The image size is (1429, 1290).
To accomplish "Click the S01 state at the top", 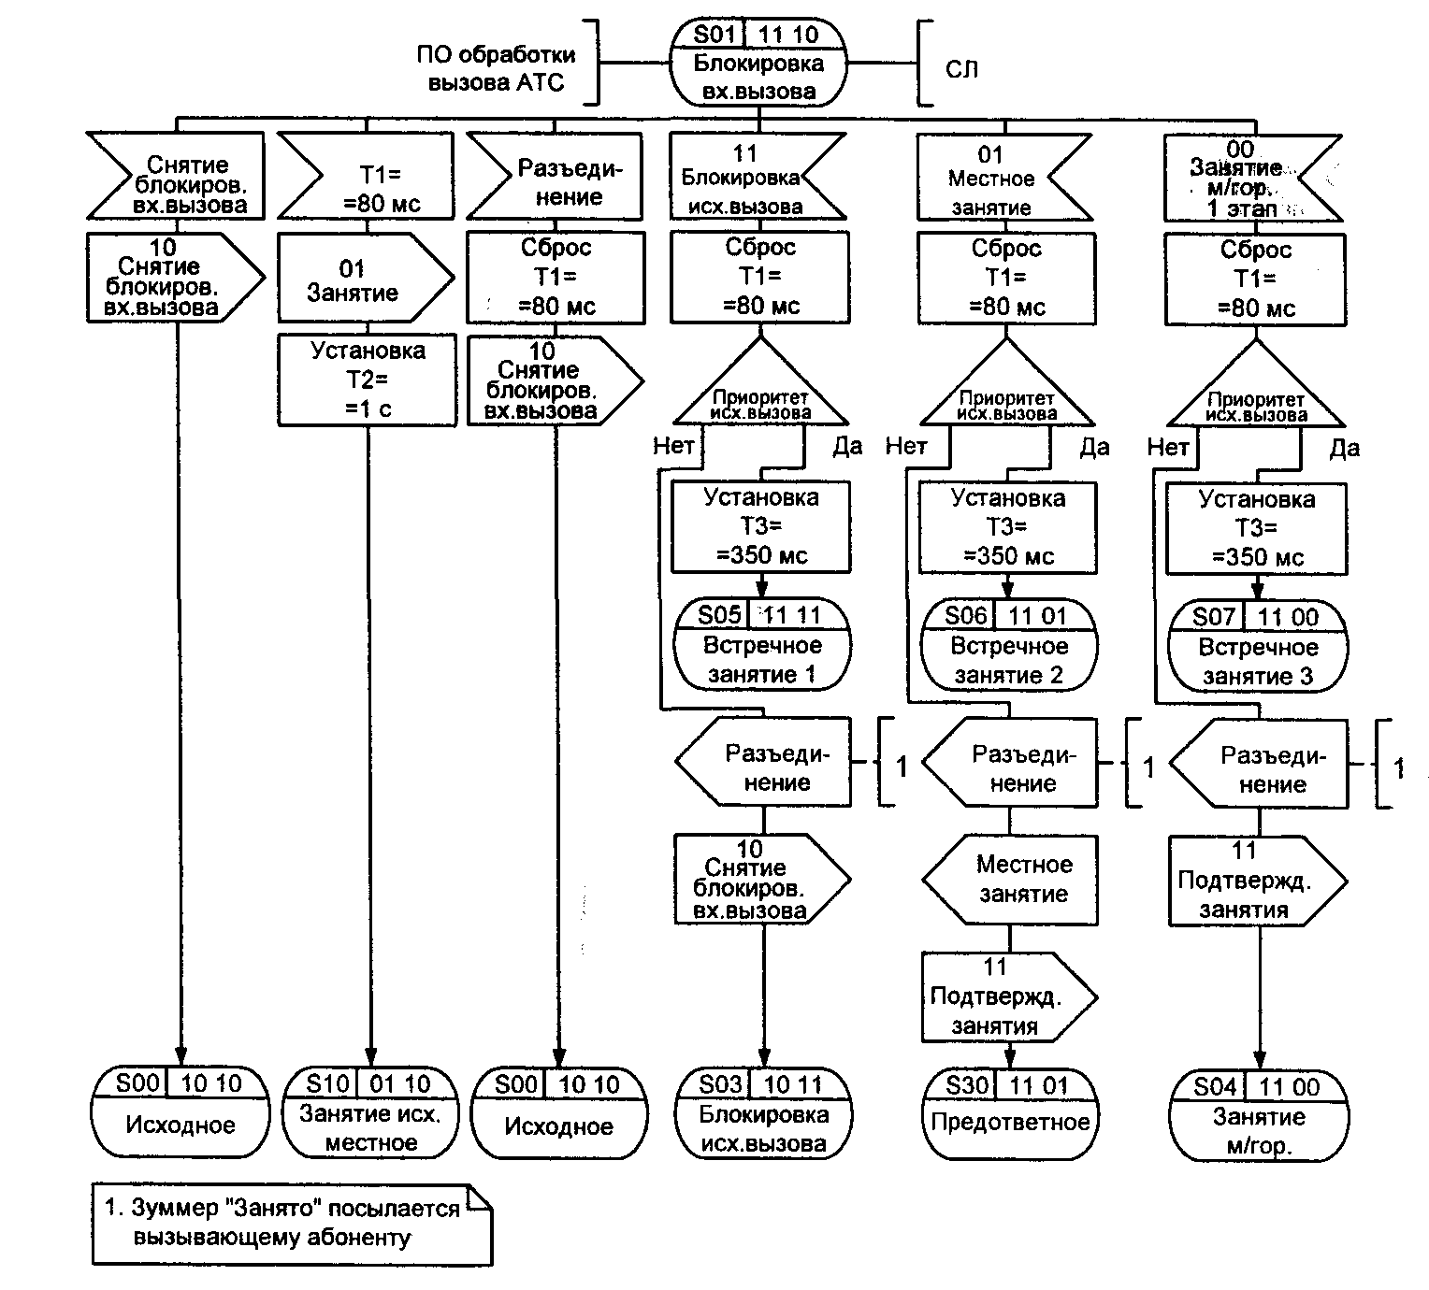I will pyautogui.click(x=758, y=63).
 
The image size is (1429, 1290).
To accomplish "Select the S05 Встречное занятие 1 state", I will pyautogui.click(x=762, y=646).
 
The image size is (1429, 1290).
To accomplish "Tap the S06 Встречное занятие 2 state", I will pyautogui.click(x=1009, y=647).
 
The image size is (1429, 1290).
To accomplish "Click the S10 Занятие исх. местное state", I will pyautogui.click(x=371, y=1113).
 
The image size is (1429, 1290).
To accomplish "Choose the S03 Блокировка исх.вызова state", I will pyautogui.click(x=763, y=1114).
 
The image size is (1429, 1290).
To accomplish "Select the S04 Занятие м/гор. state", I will pyautogui.click(x=1258, y=1116).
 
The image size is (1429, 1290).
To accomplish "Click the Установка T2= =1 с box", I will pyautogui.click(x=368, y=380).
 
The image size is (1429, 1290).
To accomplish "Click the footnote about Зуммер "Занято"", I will pyautogui.click(x=291, y=1224).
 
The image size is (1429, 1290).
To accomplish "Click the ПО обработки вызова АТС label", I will pyautogui.click(x=497, y=68).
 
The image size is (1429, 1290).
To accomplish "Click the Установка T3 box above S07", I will pyautogui.click(x=1256, y=528).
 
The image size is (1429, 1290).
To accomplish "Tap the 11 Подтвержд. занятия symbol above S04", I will pyautogui.click(x=1251, y=880).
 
